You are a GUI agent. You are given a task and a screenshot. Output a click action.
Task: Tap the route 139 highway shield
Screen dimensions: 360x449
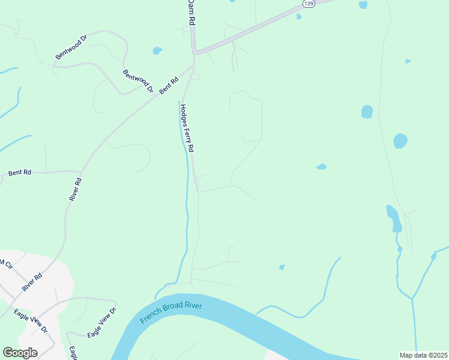point(308,4)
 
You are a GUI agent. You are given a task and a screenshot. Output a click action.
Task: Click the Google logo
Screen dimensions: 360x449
point(20,353)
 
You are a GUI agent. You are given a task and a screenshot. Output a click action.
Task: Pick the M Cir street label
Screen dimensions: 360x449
point(5,264)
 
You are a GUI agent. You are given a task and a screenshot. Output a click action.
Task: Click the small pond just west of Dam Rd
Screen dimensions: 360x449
point(157,50)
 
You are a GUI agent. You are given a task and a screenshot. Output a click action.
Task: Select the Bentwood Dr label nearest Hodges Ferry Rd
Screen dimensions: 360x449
point(138,82)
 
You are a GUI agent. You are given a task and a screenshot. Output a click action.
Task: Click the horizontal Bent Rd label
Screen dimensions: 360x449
point(20,173)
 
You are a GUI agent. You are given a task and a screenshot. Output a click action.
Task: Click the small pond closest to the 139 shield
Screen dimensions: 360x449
point(299,16)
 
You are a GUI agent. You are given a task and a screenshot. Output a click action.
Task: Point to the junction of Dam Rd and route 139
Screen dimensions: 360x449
point(194,52)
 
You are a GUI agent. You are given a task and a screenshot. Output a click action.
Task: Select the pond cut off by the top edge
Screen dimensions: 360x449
point(363,5)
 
